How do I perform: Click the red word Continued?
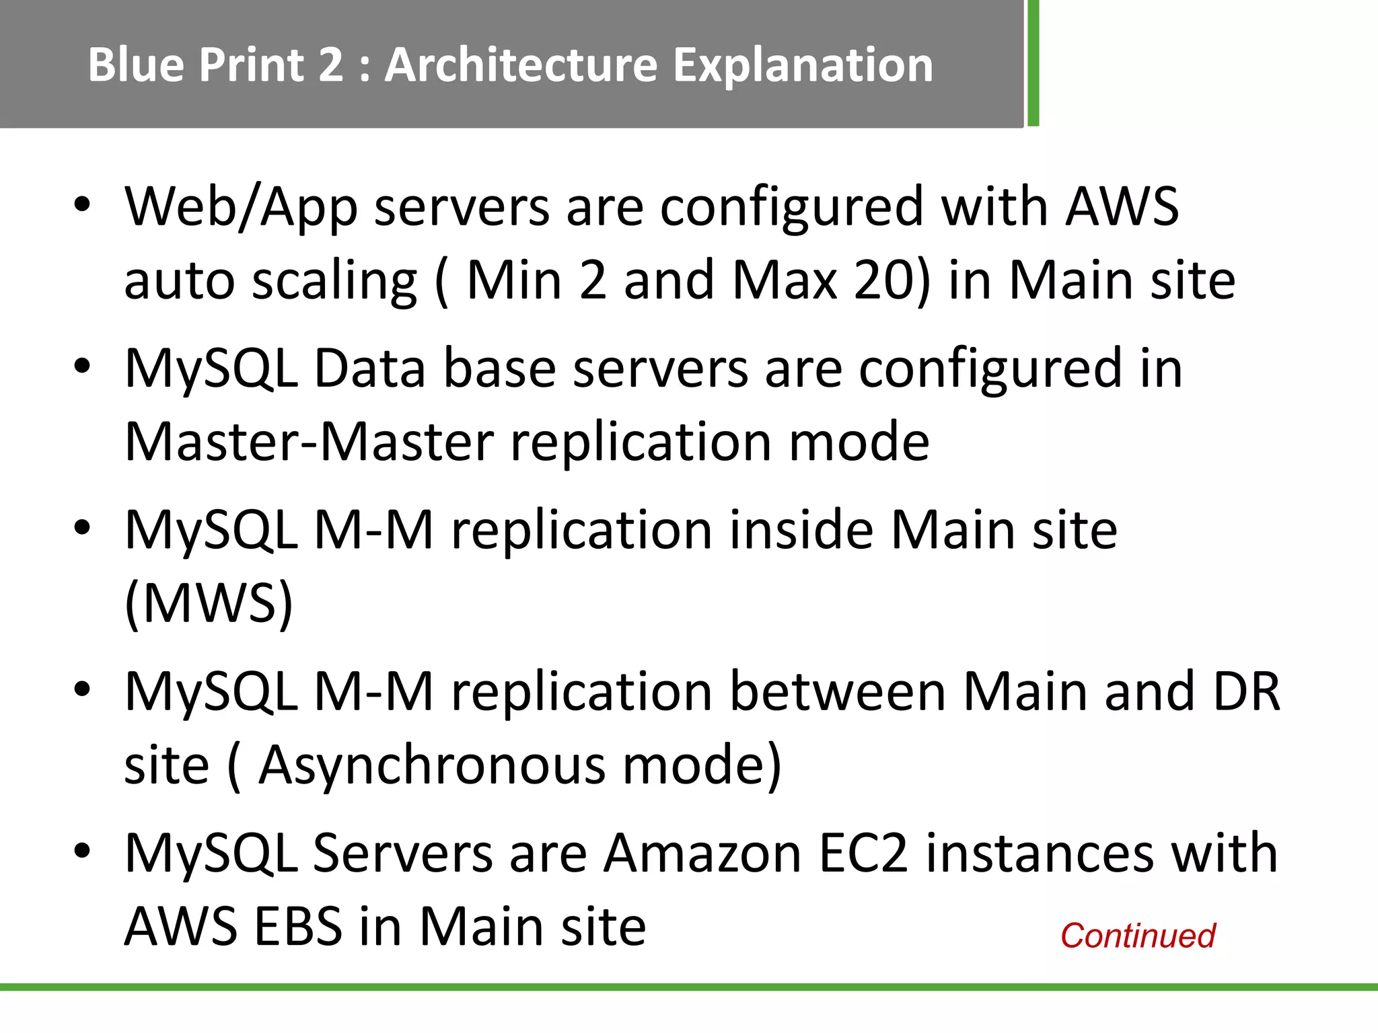[1138, 935]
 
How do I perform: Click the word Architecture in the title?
[521, 65]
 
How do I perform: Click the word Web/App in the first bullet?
[241, 207]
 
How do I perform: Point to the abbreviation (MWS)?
[209, 603]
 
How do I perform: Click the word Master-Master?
[310, 442]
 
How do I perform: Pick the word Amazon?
[702, 853]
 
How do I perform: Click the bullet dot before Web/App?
[82, 204]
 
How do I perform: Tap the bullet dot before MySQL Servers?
[82, 851]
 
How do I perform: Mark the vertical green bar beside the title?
[1033, 63]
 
